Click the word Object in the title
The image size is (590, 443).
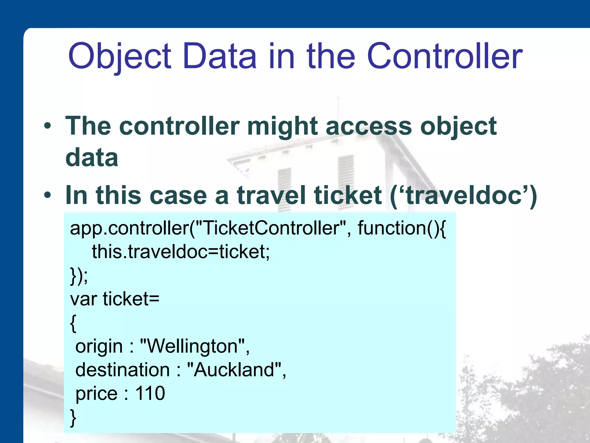[120, 56]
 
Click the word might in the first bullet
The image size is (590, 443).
[282, 127]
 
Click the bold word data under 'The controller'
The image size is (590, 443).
[92, 157]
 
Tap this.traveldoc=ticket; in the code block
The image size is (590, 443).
[181, 252]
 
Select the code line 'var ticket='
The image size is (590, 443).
[115, 299]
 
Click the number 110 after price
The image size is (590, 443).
[150, 393]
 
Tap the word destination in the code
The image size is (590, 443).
[122, 370]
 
